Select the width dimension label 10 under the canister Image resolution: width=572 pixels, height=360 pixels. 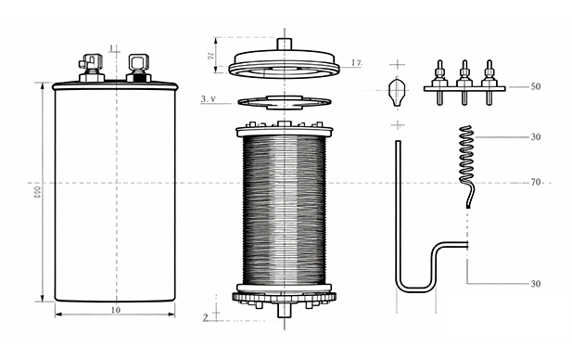pyautogui.click(x=116, y=309)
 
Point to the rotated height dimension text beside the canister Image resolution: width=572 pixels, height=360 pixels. pyautogui.click(x=37, y=192)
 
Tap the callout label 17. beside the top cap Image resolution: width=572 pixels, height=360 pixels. pyautogui.click(x=357, y=63)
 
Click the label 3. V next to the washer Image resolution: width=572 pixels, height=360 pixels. pyautogui.click(x=210, y=98)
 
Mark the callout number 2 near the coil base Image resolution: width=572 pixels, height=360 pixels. pyautogui.click(x=205, y=317)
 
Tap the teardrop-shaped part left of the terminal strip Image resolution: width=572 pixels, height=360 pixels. pyautogui.click(x=398, y=92)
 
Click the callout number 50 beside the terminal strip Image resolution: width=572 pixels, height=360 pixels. pyautogui.click(x=536, y=86)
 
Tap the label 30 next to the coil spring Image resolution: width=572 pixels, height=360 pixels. pyautogui.click(x=536, y=137)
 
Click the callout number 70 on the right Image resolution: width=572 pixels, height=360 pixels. pyautogui.click(x=536, y=183)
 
